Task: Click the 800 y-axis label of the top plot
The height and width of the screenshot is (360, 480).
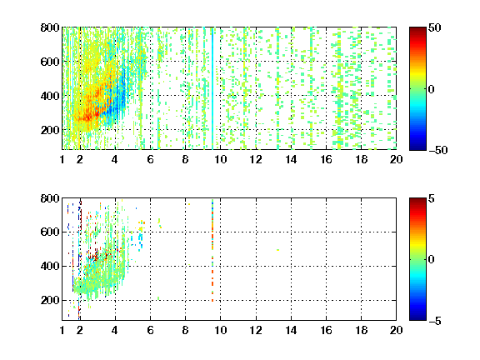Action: click(50, 27)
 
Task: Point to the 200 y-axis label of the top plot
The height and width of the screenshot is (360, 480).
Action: click(50, 130)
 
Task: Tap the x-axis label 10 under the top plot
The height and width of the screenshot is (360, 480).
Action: click(220, 159)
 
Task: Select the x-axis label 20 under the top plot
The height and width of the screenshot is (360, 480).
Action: click(396, 159)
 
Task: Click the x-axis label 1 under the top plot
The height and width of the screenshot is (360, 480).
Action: click(62, 159)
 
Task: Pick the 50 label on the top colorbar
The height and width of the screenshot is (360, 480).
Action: click(434, 27)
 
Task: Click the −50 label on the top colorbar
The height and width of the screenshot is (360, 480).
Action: click(438, 150)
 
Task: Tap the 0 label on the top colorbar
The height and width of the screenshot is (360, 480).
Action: click(432, 89)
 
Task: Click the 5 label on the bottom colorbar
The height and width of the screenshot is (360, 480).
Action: click(432, 198)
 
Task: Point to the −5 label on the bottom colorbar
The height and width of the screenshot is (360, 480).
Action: click(435, 321)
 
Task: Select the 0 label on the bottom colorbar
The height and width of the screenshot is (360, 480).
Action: click(432, 260)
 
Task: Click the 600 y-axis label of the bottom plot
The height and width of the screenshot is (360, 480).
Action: click(50, 232)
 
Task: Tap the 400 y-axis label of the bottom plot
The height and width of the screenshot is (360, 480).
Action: click(50, 266)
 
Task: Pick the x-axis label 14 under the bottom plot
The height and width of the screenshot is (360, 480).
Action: click(291, 330)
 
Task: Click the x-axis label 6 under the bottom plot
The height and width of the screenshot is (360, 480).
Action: click(150, 330)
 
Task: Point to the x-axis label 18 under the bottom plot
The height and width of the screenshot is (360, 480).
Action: click(361, 330)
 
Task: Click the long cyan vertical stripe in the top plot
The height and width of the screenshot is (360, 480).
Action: click(212, 88)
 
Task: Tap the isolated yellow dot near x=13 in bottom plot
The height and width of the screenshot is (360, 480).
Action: click(277, 250)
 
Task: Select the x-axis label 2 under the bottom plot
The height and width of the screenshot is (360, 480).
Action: click(80, 330)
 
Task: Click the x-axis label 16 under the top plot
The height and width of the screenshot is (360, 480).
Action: click(326, 159)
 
